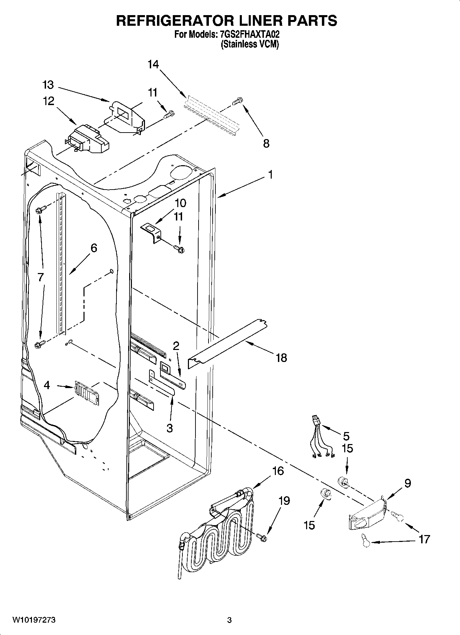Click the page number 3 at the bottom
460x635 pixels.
click(x=229, y=620)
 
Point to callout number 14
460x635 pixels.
click(x=153, y=64)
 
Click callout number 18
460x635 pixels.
click(x=281, y=358)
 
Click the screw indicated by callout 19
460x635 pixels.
click(x=262, y=537)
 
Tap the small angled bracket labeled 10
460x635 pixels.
click(x=152, y=231)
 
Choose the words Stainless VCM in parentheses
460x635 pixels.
click(x=249, y=44)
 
